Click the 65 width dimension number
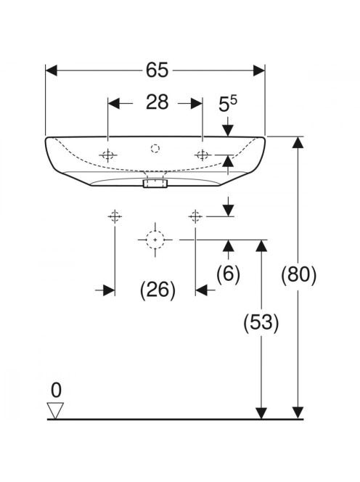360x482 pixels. [x=157, y=70]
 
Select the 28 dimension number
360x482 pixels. [x=157, y=102]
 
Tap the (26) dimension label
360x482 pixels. [x=157, y=290]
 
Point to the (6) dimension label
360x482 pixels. [x=228, y=273]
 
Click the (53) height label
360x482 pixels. [x=261, y=323]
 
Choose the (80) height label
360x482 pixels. [x=298, y=274]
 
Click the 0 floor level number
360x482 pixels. [x=56, y=391]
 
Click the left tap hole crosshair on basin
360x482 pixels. [x=107, y=155]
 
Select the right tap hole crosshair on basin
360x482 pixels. [x=202, y=155]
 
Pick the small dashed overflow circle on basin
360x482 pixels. [x=155, y=149]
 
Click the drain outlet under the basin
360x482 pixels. [x=155, y=184]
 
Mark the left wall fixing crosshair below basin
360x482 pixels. [x=115, y=217]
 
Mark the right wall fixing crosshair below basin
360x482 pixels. [x=195, y=217]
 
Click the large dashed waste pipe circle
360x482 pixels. [x=155, y=240]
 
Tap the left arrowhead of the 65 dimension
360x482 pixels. [x=51, y=70]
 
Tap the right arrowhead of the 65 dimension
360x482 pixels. [x=259, y=70]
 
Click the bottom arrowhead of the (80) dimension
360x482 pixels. [x=298, y=412]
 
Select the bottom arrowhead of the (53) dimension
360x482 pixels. [x=261, y=412]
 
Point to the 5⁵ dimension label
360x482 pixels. [x=228, y=104]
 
